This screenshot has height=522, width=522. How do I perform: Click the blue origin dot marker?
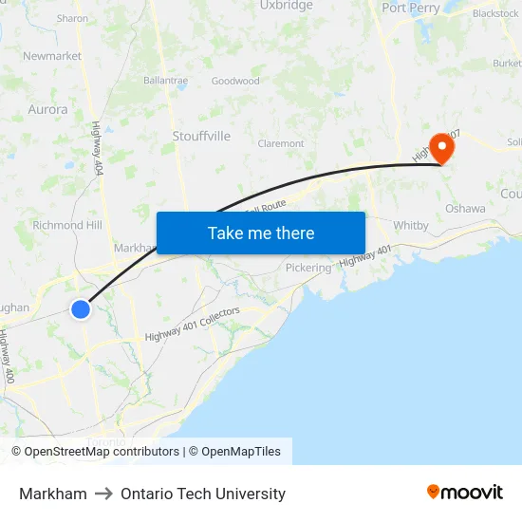point(81,308)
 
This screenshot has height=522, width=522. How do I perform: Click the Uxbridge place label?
point(286,6)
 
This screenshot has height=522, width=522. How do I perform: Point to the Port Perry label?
point(412,8)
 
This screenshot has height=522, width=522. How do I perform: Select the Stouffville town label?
point(201,136)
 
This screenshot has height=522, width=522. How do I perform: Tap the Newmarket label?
point(52,56)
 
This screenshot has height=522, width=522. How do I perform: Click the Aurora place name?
point(47,109)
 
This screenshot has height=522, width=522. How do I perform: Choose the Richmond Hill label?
point(66,225)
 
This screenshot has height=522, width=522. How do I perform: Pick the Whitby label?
point(411,225)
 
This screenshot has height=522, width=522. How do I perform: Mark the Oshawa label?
point(465,208)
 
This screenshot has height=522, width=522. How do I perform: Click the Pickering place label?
point(308,268)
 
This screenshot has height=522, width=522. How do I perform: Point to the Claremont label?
point(280,143)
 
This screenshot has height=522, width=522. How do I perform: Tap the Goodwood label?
point(235,81)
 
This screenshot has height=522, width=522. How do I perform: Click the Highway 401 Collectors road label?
point(192,325)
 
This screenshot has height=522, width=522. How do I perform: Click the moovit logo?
point(465,493)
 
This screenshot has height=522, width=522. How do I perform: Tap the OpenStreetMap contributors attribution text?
point(102,452)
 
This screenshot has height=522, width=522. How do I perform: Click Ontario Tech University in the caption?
point(203,494)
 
